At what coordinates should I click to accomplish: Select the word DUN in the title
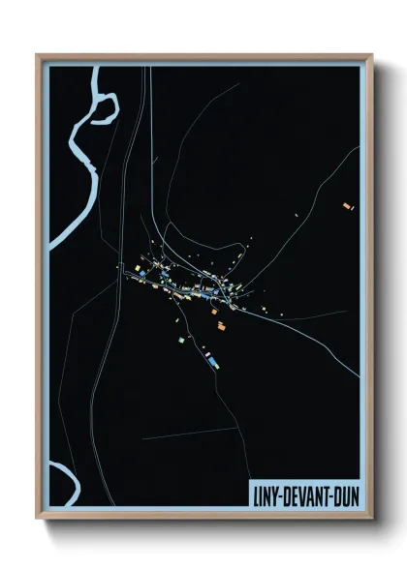pyautogui.click(x=346, y=494)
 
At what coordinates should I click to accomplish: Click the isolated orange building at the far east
pyautogui.click(x=348, y=205)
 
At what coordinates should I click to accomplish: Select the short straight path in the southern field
pyautogui.click(x=189, y=433)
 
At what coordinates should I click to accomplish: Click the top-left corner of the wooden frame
pyautogui.click(x=38, y=55)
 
